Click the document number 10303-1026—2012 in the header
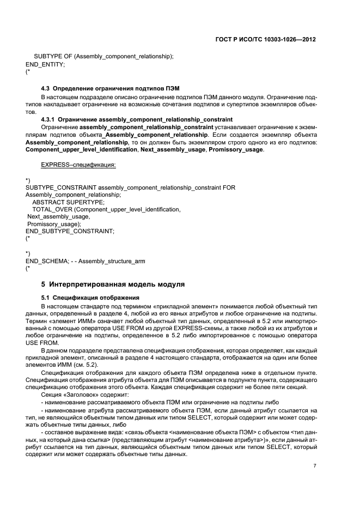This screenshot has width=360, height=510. click(289, 40)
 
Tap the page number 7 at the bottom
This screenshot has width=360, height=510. click(315, 466)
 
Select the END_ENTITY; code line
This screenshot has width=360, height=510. click(45, 64)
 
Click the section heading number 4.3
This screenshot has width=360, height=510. click(46, 88)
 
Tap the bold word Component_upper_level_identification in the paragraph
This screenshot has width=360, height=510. click(81, 149)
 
